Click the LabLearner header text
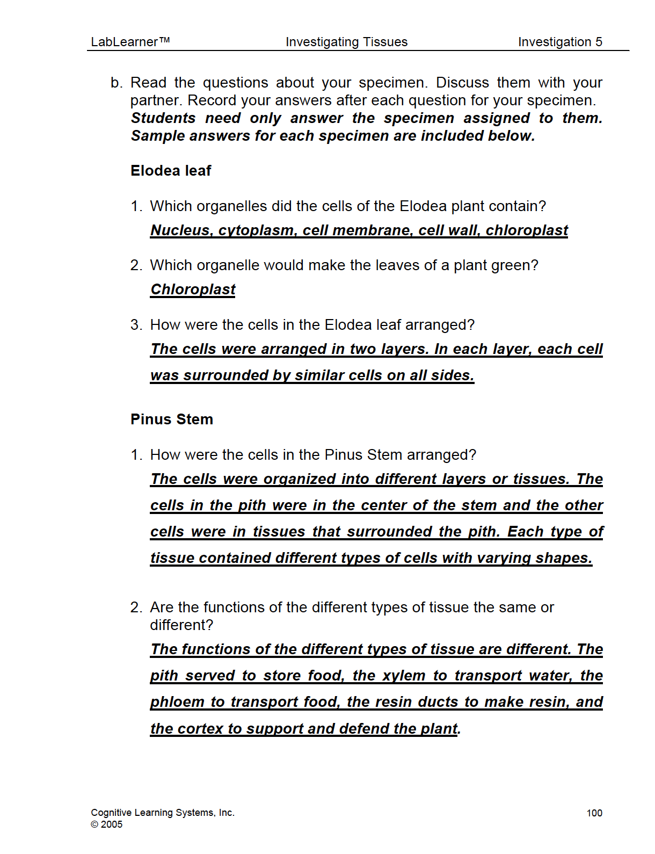tap(130, 42)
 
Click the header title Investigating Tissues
tap(346, 42)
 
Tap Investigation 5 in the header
tap(560, 42)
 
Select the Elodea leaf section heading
tap(171, 171)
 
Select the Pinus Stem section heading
tap(172, 419)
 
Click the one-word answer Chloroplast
tap(193, 290)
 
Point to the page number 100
tap(594, 813)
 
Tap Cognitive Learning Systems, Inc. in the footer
tap(163, 813)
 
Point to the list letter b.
tap(116, 83)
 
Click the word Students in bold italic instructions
tap(163, 118)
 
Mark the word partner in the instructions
tap(155, 101)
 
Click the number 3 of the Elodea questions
tap(135, 325)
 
